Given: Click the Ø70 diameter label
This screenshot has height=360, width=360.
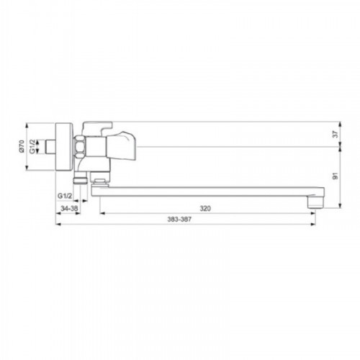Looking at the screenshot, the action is pyautogui.click(x=22, y=147).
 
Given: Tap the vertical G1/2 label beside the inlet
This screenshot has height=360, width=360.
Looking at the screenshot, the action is pyautogui.click(x=32, y=147).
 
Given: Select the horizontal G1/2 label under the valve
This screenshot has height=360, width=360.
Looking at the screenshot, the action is pyautogui.click(x=65, y=196).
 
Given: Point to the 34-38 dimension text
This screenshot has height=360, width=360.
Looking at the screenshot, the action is pyautogui.click(x=69, y=209).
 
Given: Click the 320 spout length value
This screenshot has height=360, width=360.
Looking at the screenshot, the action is pyautogui.click(x=205, y=209).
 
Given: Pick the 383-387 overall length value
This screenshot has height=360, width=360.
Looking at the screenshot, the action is pyautogui.click(x=179, y=219).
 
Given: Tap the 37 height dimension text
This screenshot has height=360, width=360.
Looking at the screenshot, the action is pyautogui.click(x=336, y=134).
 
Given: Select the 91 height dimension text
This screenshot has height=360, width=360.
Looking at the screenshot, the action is pyautogui.click(x=336, y=176).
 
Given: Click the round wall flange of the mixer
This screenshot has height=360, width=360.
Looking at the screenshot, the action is pyautogui.click(x=64, y=147).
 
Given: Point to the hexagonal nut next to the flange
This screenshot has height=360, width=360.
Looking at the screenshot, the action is pyautogui.click(x=79, y=147).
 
